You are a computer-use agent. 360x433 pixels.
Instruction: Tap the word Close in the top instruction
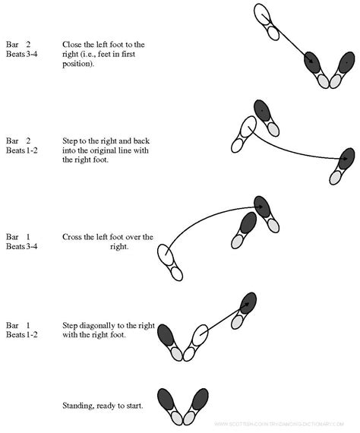[72, 44]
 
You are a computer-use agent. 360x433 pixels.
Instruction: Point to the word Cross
[73, 237]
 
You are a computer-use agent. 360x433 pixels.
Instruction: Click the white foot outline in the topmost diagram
[263, 15]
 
